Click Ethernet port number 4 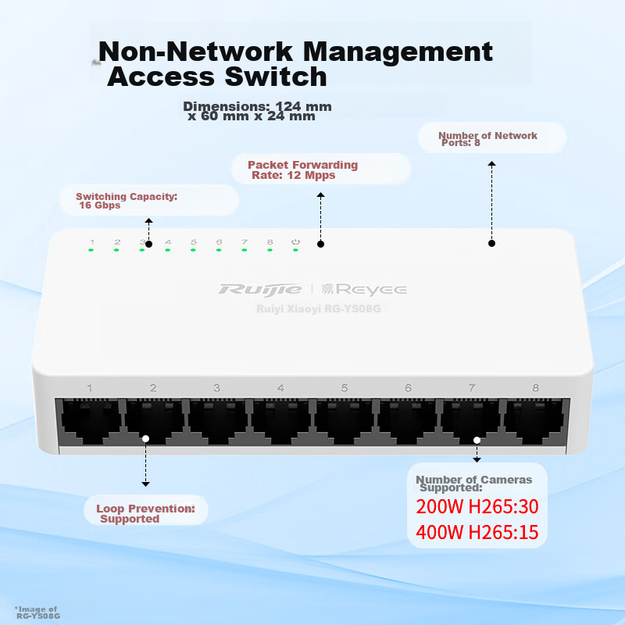[x=281, y=423]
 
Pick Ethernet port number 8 [x=534, y=423]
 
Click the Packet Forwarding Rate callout [x=302, y=170]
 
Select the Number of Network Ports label [x=487, y=139]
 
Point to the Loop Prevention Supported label [x=145, y=513]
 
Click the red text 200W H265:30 [x=477, y=506]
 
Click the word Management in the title [x=398, y=52]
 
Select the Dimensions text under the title [x=257, y=111]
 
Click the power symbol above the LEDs [x=295, y=242]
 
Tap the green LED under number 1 [x=91, y=250]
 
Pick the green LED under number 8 [x=270, y=250]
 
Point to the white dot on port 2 [x=145, y=438]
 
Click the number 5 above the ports [x=344, y=387]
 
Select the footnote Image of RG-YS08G [x=37, y=612]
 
